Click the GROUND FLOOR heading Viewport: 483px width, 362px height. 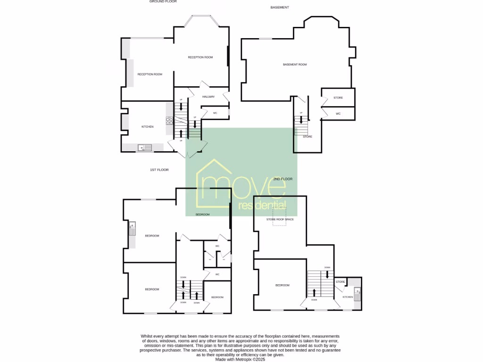coord(163,1)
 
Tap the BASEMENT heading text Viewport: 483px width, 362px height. coord(280,8)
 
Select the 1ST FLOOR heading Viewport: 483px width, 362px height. coord(159,170)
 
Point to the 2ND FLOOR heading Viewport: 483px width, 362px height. coord(283,179)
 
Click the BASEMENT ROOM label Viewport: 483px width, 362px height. coord(295,65)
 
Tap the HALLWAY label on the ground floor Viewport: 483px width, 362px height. coord(208,97)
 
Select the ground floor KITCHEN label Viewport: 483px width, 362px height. coord(148,127)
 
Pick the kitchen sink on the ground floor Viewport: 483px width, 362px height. coord(145,148)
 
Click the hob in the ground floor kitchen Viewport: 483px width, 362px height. coord(169,120)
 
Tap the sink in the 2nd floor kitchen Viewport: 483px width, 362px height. coord(358,295)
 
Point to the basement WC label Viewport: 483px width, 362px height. coord(338,114)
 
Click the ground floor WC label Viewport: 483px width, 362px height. coord(215,113)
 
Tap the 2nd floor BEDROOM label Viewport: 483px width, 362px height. coord(283,285)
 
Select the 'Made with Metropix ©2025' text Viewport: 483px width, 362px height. coord(241,359)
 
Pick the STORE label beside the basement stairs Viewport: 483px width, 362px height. coord(308,137)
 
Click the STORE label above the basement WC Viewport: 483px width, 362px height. coord(338,98)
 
